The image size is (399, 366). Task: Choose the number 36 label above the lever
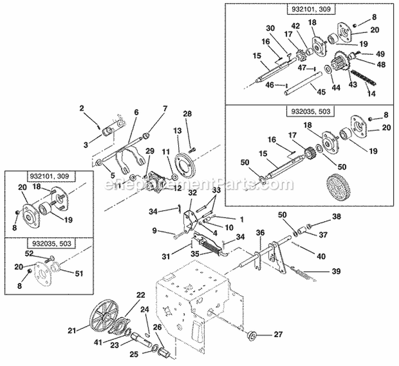pyautogui.click(x=260, y=232)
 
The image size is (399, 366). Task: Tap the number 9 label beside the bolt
pyautogui.click(x=154, y=231)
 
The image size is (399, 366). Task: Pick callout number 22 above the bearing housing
pyautogui.click(x=140, y=295)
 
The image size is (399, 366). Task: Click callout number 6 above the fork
pyautogui.click(x=137, y=112)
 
